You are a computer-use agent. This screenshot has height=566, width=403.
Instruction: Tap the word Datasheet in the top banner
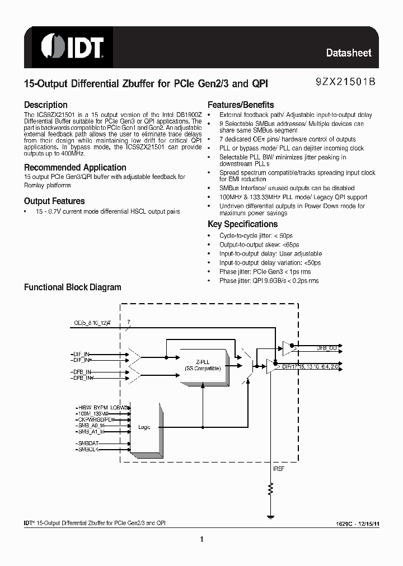349,53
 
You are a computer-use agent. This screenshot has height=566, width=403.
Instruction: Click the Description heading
45,105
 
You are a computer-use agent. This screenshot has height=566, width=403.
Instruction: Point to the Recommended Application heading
75,167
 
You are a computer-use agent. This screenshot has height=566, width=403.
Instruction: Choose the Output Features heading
54,201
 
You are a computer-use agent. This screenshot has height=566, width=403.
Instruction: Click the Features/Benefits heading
241,105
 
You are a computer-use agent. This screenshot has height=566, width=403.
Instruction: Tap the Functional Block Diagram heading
72,287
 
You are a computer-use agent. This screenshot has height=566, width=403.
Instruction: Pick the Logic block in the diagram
144,427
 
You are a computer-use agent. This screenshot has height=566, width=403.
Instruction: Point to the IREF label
278,469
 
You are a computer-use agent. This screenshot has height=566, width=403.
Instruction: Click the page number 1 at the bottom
201,540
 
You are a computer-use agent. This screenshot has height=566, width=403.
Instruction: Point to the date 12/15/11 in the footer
368,523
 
